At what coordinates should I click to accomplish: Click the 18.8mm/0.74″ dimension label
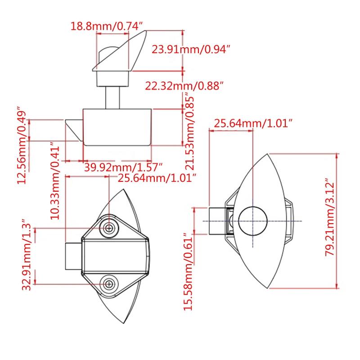click(x=107, y=26)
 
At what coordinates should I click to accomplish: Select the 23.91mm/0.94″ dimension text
click(x=191, y=49)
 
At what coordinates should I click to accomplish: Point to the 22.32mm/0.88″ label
click(x=184, y=86)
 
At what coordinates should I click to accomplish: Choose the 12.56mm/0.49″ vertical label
click(x=22, y=145)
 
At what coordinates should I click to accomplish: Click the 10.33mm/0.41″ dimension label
click(x=55, y=181)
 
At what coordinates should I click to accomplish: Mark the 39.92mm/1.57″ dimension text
click(x=123, y=167)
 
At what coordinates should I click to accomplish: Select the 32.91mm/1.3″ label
click(x=27, y=255)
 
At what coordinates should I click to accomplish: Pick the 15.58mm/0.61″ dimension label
click(x=188, y=272)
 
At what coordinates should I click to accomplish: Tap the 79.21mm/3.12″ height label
click(x=330, y=217)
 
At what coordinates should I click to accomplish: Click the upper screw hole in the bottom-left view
click(x=109, y=228)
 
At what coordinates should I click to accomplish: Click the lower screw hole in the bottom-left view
click(x=109, y=284)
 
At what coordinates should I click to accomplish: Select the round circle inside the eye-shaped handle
click(x=253, y=221)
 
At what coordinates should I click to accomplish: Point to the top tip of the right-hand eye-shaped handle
click(x=267, y=154)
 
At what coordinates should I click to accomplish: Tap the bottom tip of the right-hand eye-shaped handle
click(x=268, y=288)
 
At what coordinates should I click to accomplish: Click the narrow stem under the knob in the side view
click(x=112, y=98)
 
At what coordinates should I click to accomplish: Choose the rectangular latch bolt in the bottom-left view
click(x=73, y=256)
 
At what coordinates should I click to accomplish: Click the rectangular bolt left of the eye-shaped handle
click(x=217, y=221)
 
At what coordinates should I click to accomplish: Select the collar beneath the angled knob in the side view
click(x=112, y=78)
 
